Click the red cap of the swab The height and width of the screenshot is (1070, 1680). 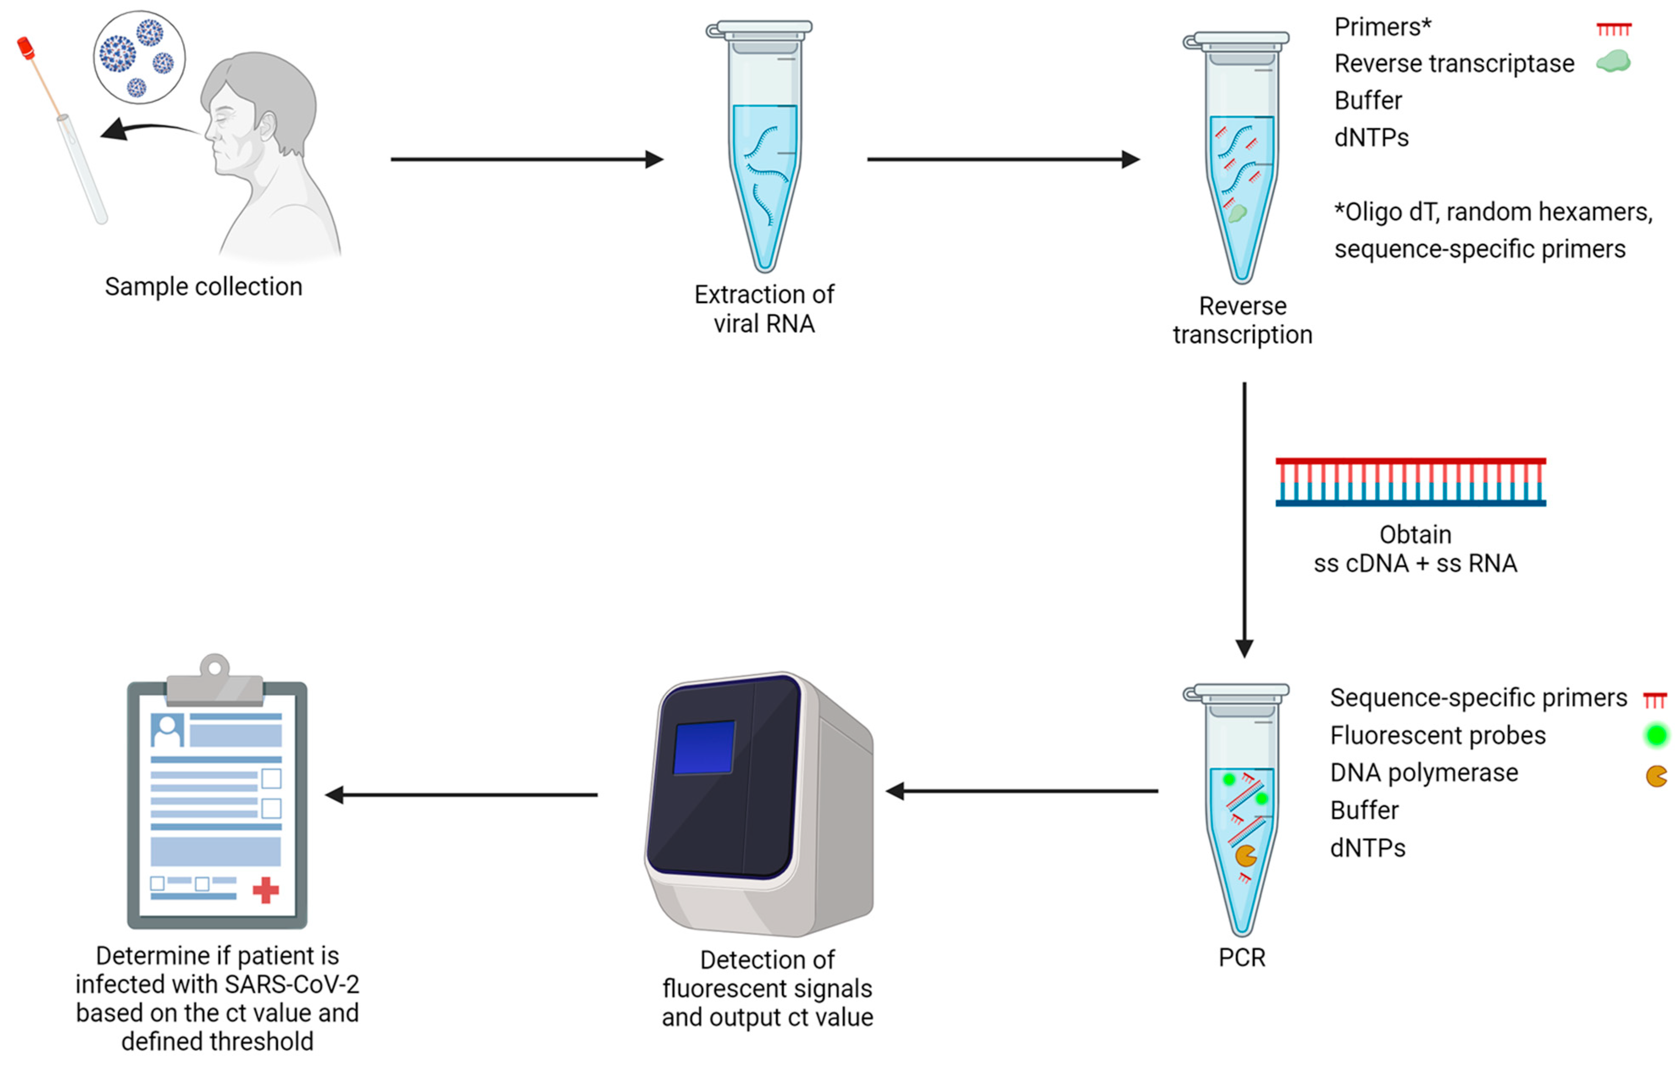pos(26,47)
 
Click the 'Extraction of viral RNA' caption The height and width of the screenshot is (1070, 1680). pos(764,309)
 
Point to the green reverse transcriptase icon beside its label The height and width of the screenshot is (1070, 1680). pos(1613,62)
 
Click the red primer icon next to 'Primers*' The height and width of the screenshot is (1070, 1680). pos(1613,29)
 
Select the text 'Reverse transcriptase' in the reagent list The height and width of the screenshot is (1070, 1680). pos(1454,64)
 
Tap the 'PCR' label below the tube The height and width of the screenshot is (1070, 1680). pos(1241,958)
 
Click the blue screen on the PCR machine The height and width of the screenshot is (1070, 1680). pos(704,748)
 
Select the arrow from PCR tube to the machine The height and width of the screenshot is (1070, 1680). pos(1022,791)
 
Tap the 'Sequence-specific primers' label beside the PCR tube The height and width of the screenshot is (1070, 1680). pos(1478,697)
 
